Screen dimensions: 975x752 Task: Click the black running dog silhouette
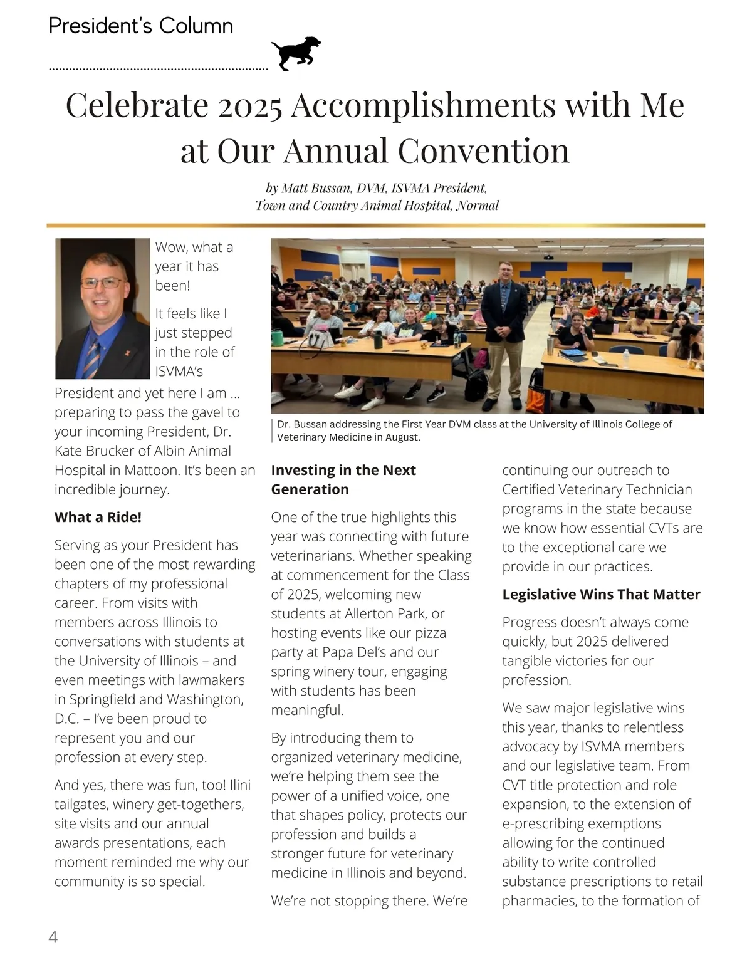coord(296,53)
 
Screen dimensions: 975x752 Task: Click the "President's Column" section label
coord(141,26)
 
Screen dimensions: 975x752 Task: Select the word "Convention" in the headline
coord(483,151)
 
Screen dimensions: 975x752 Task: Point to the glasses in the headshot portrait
coord(102,283)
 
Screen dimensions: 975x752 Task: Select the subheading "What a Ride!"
coord(98,517)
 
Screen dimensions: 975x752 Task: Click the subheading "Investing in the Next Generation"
coord(343,479)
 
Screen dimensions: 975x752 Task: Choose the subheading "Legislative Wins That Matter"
coord(601,594)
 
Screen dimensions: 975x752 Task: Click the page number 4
coord(53,937)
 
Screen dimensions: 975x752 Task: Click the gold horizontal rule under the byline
coord(375,225)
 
